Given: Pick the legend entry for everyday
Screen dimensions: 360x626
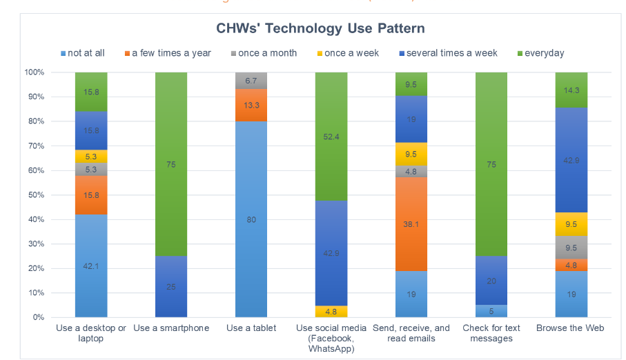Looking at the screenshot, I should [544, 53].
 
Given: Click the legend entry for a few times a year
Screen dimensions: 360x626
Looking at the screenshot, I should [171, 53].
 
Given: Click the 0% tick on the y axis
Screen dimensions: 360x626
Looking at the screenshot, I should [37, 318].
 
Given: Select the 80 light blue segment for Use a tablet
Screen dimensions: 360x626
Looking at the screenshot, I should [251, 219].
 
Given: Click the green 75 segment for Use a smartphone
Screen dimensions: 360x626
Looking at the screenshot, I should [171, 164].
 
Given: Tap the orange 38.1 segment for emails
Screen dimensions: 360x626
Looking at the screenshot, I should [411, 224].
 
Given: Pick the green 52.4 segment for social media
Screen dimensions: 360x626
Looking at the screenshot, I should [331, 137].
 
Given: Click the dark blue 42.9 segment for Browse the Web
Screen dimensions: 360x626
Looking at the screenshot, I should [571, 159].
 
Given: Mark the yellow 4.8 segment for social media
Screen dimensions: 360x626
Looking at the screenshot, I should [331, 312].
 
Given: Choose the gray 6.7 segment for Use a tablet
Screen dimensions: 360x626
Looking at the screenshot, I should [251, 80].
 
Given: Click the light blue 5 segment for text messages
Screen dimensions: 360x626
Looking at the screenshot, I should [491, 312].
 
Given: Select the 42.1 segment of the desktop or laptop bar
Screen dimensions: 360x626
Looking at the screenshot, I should [91, 266].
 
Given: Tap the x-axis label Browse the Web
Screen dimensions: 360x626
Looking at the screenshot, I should [571, 328].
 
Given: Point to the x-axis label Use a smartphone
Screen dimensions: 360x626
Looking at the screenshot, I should [171, 328].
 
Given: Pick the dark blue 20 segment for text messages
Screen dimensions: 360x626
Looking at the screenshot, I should [491, 281].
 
